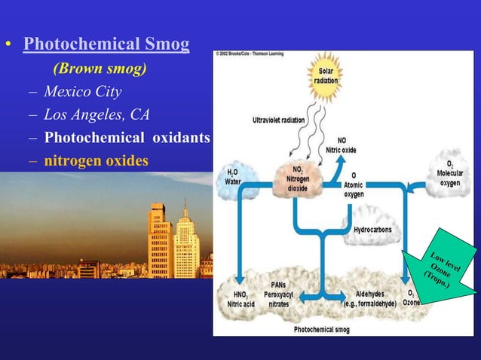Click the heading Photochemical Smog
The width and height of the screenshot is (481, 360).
(106, 44)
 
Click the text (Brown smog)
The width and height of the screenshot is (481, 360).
(100, 69)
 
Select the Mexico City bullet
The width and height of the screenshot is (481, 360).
(82, 92)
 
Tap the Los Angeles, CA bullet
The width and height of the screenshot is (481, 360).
(97, 114)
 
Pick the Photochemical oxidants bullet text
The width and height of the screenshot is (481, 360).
(126, 138)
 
